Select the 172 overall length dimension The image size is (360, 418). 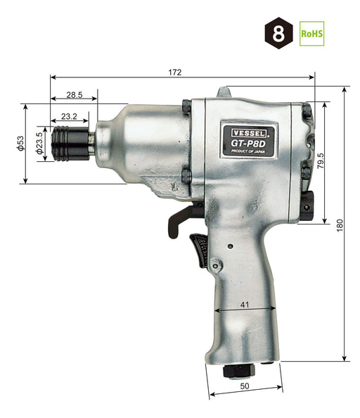tap(175, 72)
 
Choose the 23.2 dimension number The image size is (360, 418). tap(69, 116)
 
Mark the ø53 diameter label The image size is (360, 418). tap(20, 144)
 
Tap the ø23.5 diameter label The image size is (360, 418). tap(39, 144)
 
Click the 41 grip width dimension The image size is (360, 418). tap(244, 304)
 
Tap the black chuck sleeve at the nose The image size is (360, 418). tap(67, 144)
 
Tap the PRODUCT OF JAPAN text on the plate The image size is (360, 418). tap(248, 149)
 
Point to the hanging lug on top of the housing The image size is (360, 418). tap(224, 92)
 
